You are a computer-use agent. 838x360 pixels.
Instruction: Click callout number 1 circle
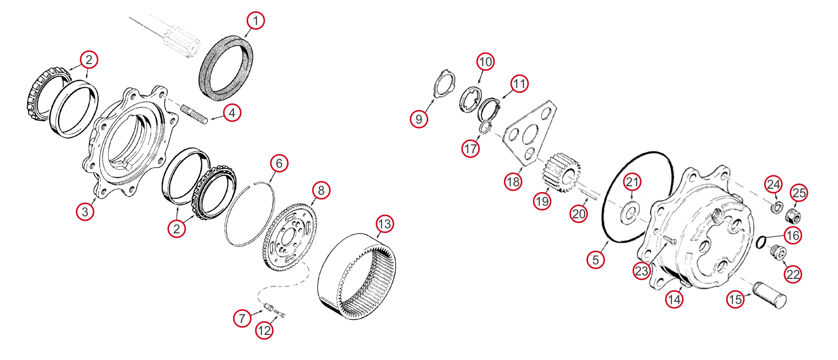pos(255,21)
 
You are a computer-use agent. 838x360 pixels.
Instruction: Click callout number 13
pos(384,224)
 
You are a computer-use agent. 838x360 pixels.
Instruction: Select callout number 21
pos(632,182)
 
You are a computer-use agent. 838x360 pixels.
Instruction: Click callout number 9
pos(419,119)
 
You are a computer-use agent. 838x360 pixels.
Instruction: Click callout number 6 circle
pos(279,163)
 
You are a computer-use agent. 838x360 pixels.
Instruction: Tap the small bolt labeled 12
pos(280,315)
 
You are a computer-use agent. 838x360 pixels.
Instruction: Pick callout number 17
pos(470,149)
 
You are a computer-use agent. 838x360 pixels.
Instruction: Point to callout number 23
pos(641,271)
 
